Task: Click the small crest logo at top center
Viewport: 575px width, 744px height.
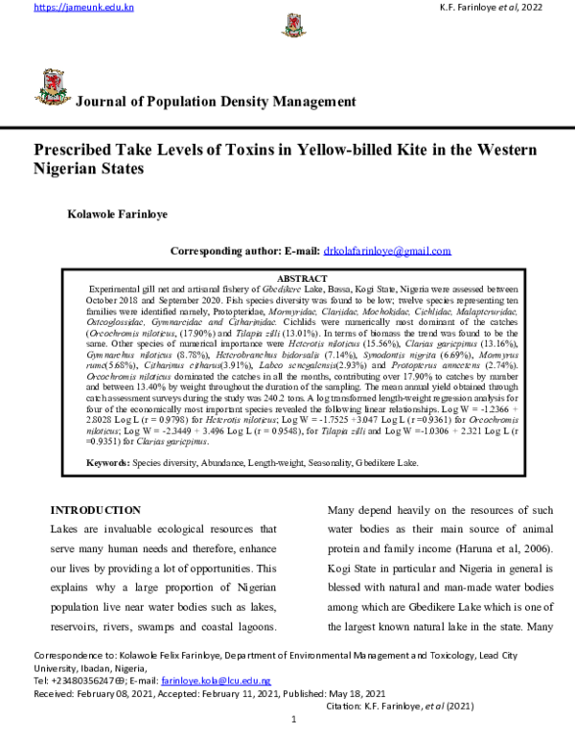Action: click(287, 24)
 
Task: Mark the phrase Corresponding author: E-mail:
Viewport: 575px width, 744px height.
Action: click(244, 251)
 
